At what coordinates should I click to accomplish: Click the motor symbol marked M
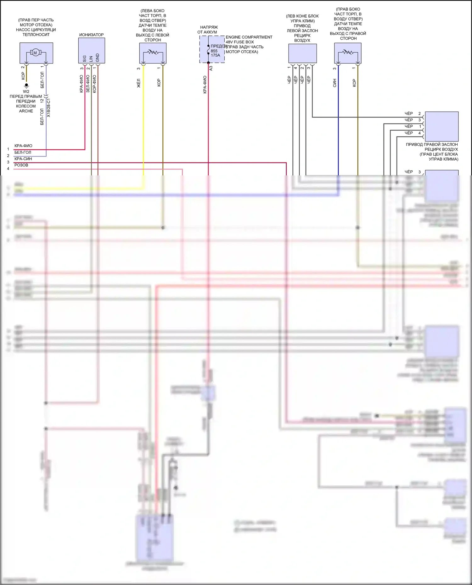(x=35, y=52)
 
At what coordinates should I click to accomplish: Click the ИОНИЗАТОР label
(x=91, y=35)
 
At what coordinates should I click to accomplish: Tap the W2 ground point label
(x=26, y=91)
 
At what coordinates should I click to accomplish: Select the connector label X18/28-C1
(x=48, y=108)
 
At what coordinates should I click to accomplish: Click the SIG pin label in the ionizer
(x=84, y=58)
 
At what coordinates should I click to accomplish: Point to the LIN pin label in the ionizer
(x=91, y=58)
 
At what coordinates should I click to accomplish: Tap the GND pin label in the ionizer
(x=98, y=58)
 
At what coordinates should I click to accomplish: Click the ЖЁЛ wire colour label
(x=138, y=83)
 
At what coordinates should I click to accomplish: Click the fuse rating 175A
(x=216, y=55)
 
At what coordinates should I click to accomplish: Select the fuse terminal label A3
(x=211, y=68)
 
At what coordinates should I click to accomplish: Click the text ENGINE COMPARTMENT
(x=249, y=37)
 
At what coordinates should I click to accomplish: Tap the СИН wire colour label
(x=334, y=83)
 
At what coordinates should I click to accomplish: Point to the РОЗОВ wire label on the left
(x=21, y=165)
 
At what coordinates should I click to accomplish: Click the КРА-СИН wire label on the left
(x=23, y=159)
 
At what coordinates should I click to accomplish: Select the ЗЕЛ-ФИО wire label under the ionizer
(x=88, y=84)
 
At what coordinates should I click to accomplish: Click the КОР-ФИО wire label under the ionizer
(x=94, y=84)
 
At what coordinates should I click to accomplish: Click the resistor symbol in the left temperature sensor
(x=153, y=52)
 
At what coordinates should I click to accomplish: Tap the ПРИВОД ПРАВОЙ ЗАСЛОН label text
(x=432, y=145)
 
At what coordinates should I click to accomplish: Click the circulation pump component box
(x=36, y=53)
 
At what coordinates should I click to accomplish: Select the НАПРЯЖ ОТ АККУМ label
(x=208, y=30)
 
